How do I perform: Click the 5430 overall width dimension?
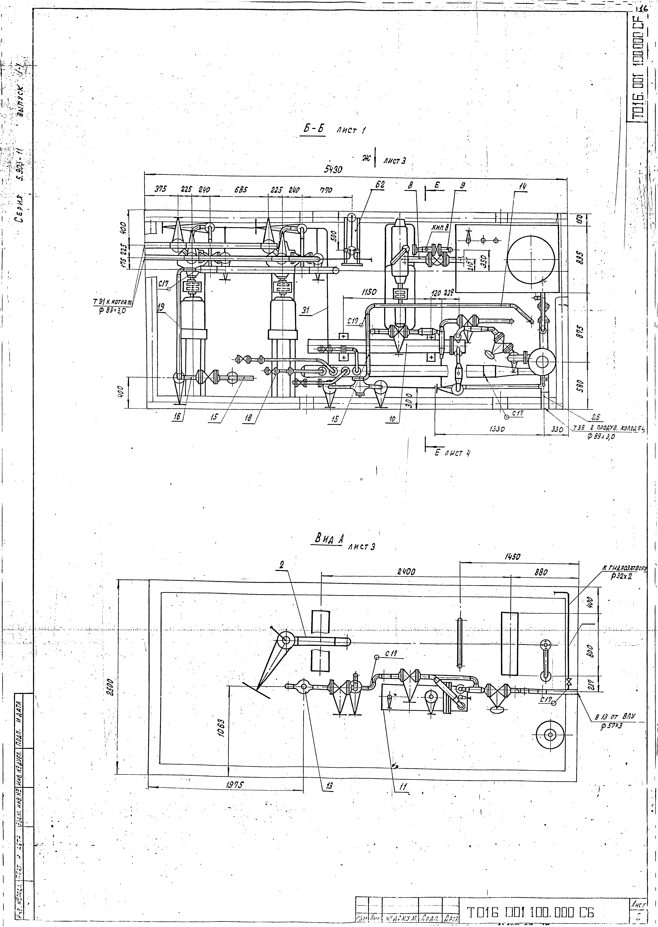(x=333, y=170)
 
